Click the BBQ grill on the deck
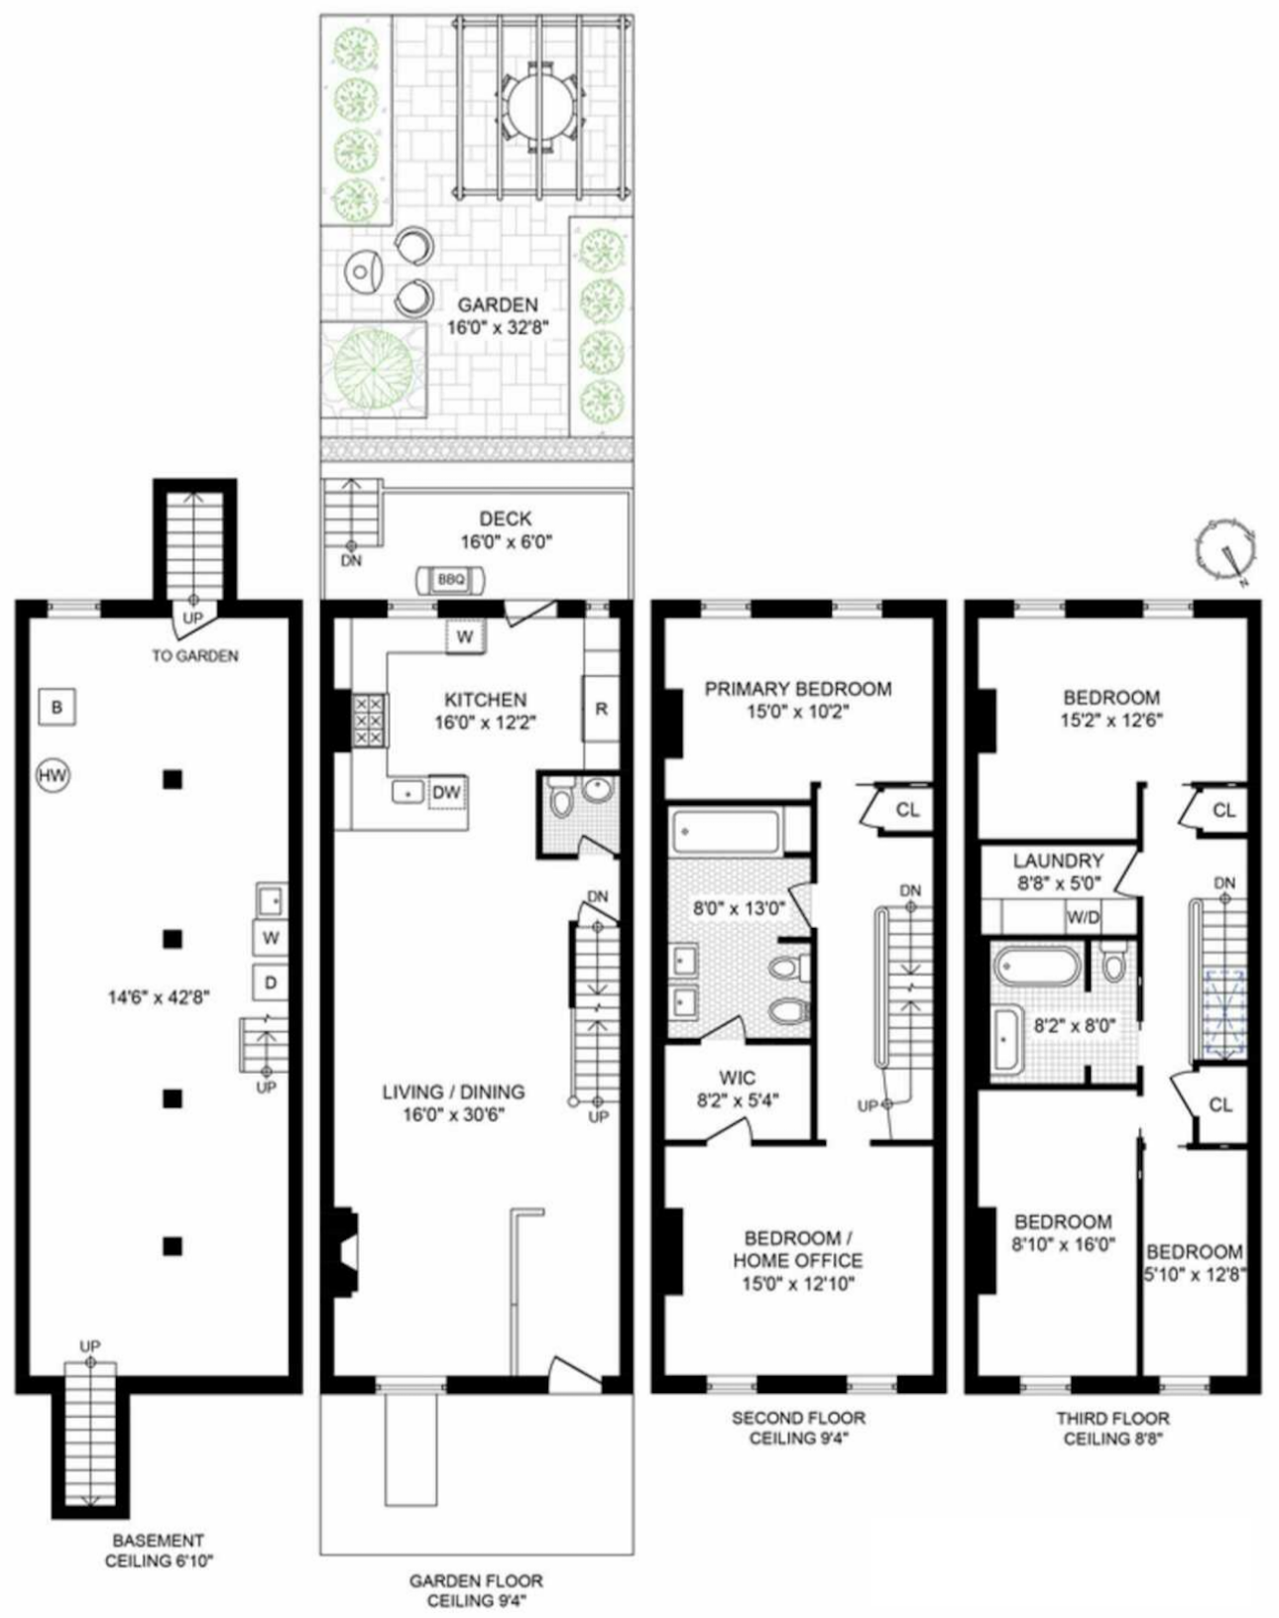pos(451,579)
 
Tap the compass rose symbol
pos(1224,548)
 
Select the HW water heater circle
pos(54,776)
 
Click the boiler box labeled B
pos(57,708)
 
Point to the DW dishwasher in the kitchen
pos(446,792)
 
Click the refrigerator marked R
pos(601,708)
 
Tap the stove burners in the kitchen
pos(369,720)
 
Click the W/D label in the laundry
pos(1083,918)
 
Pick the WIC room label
pos(737,1078)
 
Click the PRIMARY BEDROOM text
pos(798,688)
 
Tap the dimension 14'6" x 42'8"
pos(159,997)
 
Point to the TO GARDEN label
pos(194,655)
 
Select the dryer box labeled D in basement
pos(270,983)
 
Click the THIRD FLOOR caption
pos(1112,1418)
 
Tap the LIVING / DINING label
pos(453,1092)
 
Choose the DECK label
pos(505,519)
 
